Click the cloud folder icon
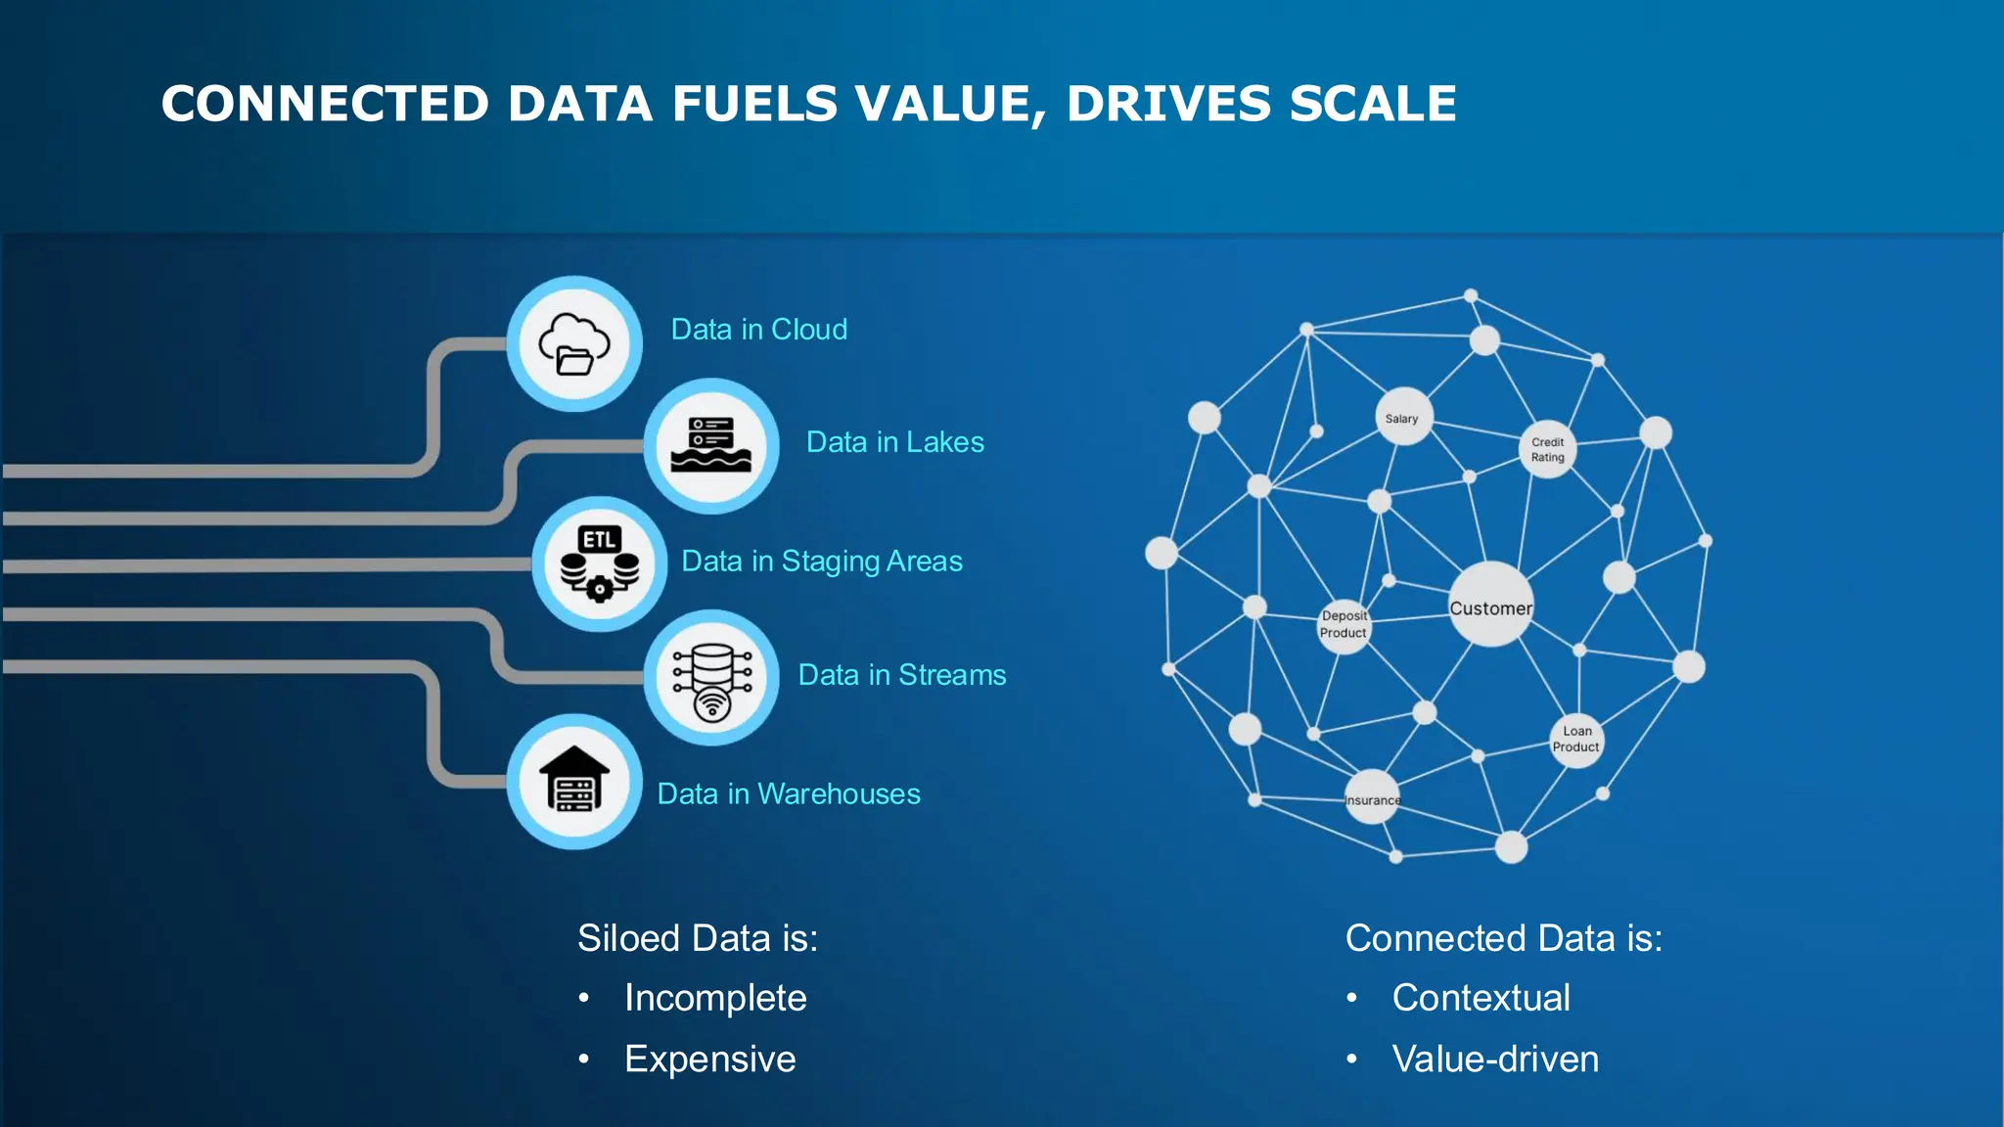[x=574, y=344]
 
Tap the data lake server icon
[x=711, y=446]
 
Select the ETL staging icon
[x=599, y=564]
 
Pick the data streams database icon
[x=711, y=678]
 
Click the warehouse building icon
[x=574, y=781]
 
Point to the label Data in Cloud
[x=758, y=330]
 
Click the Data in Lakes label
[x=894, y=442]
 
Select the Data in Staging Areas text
[x=821, y=562]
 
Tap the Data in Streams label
[x=901, y=675]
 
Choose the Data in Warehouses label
[x=788, y=793]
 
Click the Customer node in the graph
[x=1490, y=606]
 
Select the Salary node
[x=1402, y=418]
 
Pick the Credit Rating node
[x=1547, y=450]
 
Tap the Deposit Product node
[x=1344, y=625]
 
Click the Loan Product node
[x=1575, y=740]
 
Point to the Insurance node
[x=1372, y=798]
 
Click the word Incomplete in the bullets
[x=715, y=998]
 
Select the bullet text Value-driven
[x=1495, y=1059]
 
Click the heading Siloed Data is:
[x=697, y=938]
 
